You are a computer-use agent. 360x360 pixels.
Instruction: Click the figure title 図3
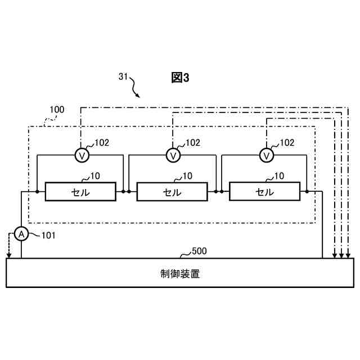click(x=180, y=78)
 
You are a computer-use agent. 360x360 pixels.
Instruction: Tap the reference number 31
click(x=124, y=77)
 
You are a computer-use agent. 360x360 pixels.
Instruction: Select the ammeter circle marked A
click(x=21, y=234)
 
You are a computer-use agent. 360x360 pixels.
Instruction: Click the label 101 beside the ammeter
click(x=48, y=235)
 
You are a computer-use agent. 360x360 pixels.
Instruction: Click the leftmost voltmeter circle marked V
click(x=82, y=155)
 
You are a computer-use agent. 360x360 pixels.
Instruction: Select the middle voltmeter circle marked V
click(x=174, y=155)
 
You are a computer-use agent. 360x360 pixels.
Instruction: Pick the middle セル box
click(x=172, y=192)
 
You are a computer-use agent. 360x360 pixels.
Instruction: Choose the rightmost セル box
click(x=264, y=192)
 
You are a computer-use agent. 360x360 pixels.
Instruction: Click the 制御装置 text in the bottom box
click(x=180, y=274)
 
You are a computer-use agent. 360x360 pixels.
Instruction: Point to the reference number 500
click(x=199, y=251)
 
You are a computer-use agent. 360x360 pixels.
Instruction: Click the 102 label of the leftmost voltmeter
click(x=102, y=143)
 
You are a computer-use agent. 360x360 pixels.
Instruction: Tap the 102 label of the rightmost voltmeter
click(x=286, y=143)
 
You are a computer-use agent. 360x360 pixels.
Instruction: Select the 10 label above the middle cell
click(x=187, y=176)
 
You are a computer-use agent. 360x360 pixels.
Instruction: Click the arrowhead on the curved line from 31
click(x=138, y=95)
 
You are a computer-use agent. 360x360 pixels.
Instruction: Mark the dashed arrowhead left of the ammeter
click(x=8, y=255)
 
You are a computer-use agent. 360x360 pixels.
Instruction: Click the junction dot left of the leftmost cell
click(x=37, y=192)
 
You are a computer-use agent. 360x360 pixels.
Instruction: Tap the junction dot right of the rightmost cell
click(x=307, y=192)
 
